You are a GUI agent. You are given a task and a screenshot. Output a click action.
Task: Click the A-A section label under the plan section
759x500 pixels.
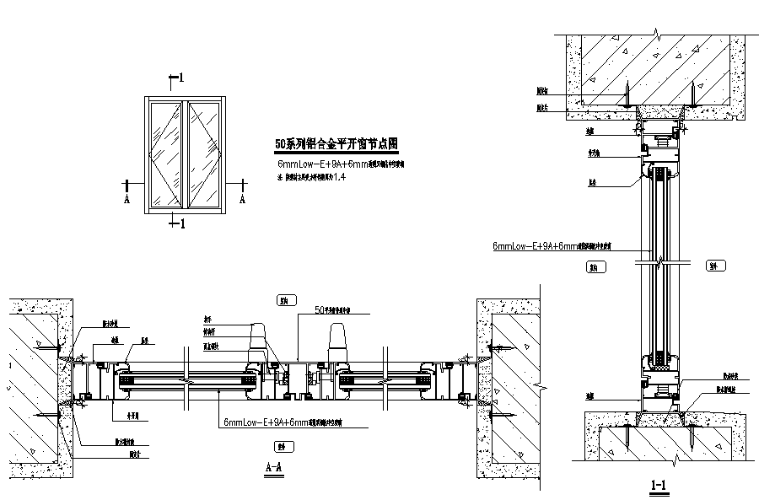coord(272,467)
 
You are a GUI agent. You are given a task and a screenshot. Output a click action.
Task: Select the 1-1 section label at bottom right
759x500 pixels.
coord(659,485)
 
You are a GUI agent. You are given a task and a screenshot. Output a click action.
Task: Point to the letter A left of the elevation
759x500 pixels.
coord(126,200)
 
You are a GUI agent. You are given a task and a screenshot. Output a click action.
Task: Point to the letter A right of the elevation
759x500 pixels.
coord(242,200)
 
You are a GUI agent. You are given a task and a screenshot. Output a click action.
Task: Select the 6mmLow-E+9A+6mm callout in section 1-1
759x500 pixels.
coord(552,247)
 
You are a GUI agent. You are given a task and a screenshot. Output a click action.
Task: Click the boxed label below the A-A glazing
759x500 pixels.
coord(277,447)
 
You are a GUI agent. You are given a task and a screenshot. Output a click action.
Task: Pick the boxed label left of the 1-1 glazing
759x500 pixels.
coord(597,267)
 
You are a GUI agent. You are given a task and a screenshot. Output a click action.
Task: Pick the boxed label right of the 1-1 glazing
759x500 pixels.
coord(713,267)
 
